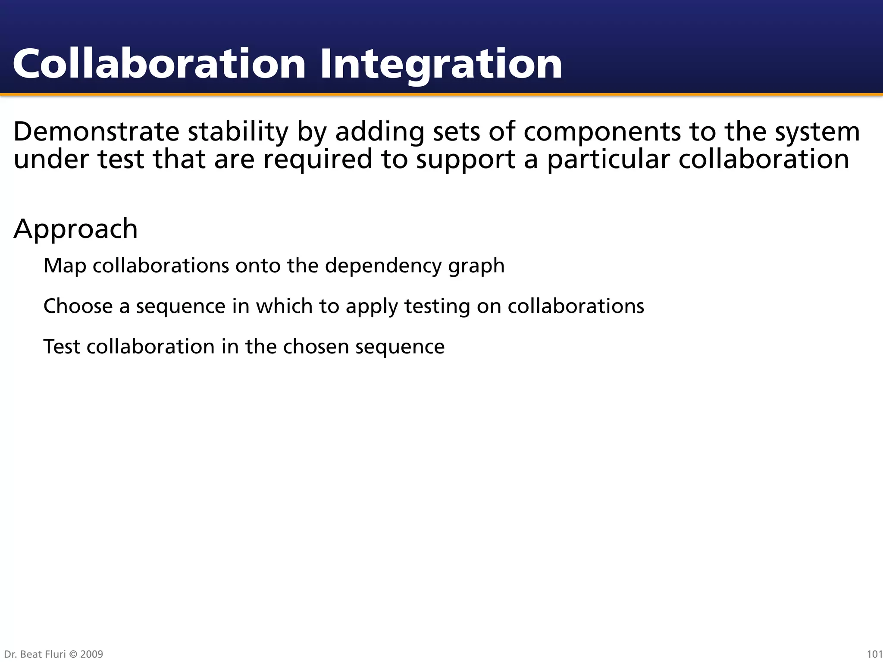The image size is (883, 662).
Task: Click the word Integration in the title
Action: click(441, 65)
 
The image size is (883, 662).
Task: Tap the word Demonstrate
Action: click(96, 131)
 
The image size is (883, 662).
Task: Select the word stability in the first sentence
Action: click(238, 131)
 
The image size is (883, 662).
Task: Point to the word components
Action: click(602, 132)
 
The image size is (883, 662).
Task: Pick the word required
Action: click(318, 159)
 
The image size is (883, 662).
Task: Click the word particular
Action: click(608, 159)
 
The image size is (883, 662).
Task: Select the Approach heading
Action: click(75, 229)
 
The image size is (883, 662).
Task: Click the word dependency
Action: click(383, 266)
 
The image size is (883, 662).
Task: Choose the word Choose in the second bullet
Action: click(78, 306)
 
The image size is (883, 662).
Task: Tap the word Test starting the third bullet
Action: click(62, 347)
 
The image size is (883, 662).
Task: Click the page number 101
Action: click(874, 654)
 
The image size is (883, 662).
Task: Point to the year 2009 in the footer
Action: click(92, 654)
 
